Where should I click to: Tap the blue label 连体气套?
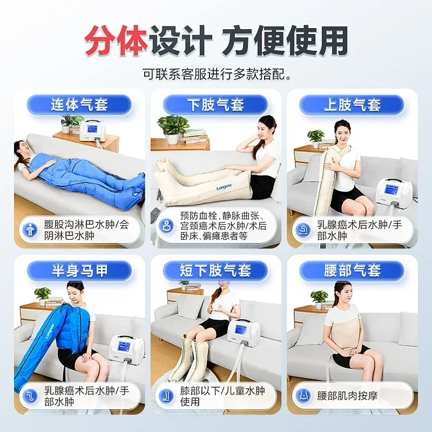pyautogui.click(x=79, y=104)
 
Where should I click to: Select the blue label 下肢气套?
pyautogui.click(x=215, y=104)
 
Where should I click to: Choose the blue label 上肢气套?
pyautogui.click(x=352, y=104)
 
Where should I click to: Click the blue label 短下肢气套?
pyautogui.click(x=215, y=271)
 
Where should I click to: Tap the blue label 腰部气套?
pyautogui.click(x=352, y=271)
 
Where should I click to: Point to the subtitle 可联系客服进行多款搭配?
pyautogui.click(x=216, y=73)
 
